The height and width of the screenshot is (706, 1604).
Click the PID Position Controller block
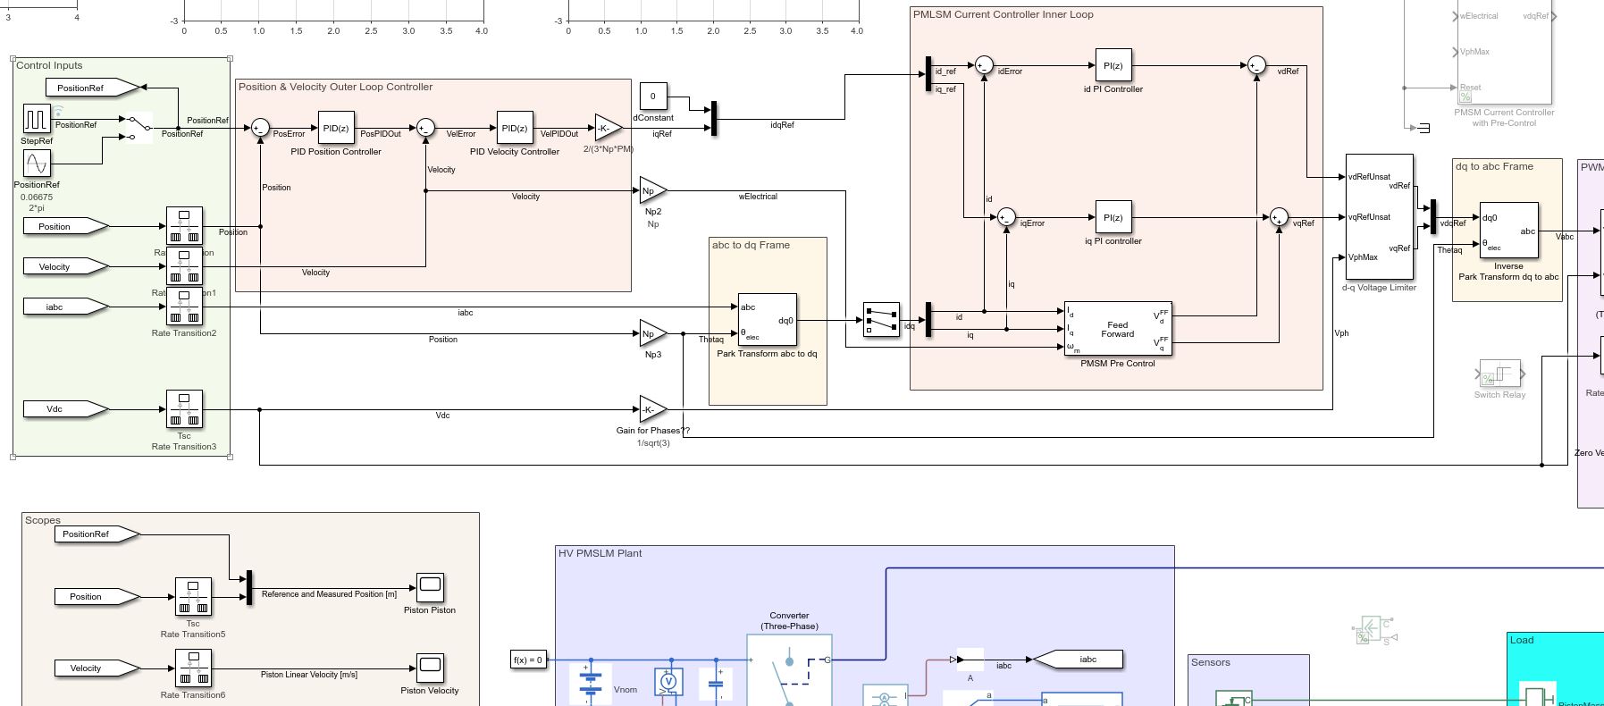pyautogui.click(x=336, y=128)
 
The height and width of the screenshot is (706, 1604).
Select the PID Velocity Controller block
pyautogui.click(x=515, y=128)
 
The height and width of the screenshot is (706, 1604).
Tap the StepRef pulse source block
pyautogui.click(x=37, y=119)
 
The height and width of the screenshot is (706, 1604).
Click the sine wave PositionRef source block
pyautogui.click(x=37, y=164)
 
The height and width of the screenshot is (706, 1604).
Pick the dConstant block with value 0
pyautogui.click(x=652, y=96)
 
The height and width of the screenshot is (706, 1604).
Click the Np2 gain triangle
pyautogui.click(x=651, y=190)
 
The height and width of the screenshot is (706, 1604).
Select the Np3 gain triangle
pyautogui.click(x=651, y=334)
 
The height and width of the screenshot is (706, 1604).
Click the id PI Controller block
pyautogui.click(x=1113, y=65)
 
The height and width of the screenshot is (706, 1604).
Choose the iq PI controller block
pyautogui.click(x=1113, y=217)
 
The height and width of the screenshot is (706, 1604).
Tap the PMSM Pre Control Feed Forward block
pyautogui.click(x=1118, y=329)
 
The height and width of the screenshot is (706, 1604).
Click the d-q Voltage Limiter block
pyautogui.click(x=1379, y=217)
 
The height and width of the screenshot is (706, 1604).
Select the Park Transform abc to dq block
pyautogui.click(x=767, y=320)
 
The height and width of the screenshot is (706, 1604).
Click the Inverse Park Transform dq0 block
pyautogui.click(x=1508, y=231)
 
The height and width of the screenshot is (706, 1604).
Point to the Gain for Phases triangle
pyautogui.click(x=651, y=410)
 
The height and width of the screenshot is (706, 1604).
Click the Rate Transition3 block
pyautogui.click(x=184, y=409)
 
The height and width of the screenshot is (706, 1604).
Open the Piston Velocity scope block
pyautogui.click(x=430, y=668)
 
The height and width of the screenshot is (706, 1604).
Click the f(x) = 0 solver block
pyautogui.click(x=528, y=660)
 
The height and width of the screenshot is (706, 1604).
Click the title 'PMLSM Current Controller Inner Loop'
pyautogui.click(x=1003, y=14)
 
